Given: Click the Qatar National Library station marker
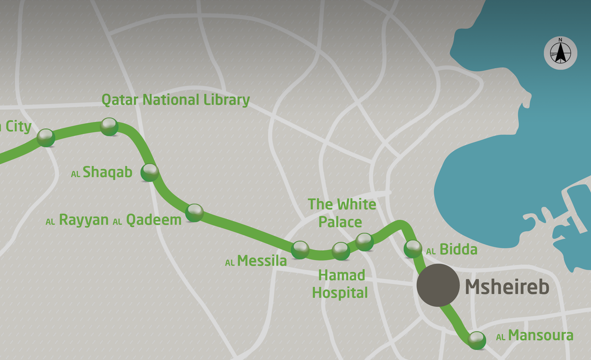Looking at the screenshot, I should [x=109, y=127].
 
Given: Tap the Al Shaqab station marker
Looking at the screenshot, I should [x=150, y=172].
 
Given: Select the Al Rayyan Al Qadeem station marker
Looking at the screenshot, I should [x=194, y=213].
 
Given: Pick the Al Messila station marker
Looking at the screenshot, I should [x=300, y=250].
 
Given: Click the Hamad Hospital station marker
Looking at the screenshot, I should [x=341, y=251].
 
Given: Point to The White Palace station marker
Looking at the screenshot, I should [x=364, y=242].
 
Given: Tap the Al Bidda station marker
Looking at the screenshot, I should [x=413, y=249].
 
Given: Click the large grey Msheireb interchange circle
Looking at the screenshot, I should [x=438, y=285].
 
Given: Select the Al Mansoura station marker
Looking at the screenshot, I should [x=477, y=340].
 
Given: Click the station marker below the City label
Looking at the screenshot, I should [x=46, y=138].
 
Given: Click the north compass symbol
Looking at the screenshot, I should [x=560, y=53].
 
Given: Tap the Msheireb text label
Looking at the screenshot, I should [x=507, y=287].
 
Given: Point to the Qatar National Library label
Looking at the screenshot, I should [x=176, y=100].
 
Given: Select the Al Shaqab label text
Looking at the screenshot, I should [x=102, y=172].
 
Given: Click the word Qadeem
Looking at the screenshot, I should [x=154, y=220].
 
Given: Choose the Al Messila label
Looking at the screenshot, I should [x=256, y=261].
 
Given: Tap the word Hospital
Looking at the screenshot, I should [x=340, y=293].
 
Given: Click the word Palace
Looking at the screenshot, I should [x=340, y=222].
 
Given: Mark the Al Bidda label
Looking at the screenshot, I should [x=452, y=250].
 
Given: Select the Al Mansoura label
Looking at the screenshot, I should [x=535, y=335].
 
